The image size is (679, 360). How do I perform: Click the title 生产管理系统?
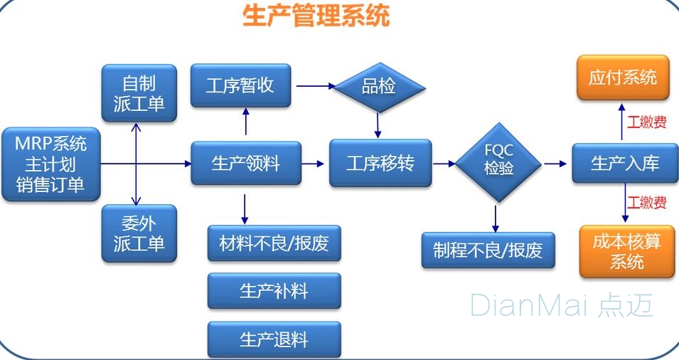[x=316, y=15]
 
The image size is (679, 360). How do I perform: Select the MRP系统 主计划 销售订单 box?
[x=50, y=164]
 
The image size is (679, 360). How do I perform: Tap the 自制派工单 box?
[x=139, y=93]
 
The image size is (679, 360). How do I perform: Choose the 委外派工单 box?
[x=139, y=233]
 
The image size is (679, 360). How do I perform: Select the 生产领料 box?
[x=245, y=164]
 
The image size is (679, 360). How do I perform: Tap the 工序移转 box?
[x=380, y=164]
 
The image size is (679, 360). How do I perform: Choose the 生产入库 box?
[x=625, y=164]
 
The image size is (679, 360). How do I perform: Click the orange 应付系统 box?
[x=622, y=78]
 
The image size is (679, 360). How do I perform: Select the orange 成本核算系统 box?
[x=626, y=251]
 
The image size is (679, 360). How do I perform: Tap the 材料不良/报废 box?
[x=274, y=244]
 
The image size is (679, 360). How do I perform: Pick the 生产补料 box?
[x=274, y=291]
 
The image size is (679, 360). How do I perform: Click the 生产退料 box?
[x=274, y=339]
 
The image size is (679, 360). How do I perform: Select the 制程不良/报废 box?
[x=488, y=250]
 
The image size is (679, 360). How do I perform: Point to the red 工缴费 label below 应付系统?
[x=646, y=122]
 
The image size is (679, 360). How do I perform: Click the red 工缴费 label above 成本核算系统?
[x=646, y=203]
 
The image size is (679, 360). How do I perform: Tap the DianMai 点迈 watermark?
[x=561, y=305]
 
